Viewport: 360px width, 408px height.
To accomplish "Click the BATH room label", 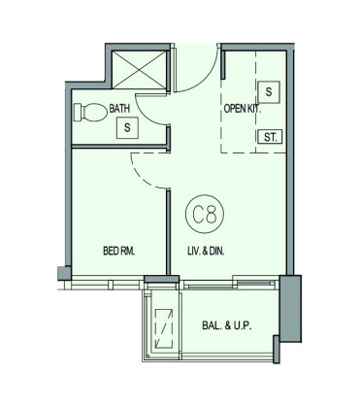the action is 119,108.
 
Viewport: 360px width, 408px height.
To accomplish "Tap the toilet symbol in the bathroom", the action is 90,113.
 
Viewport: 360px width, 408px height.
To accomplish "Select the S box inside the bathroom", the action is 127,128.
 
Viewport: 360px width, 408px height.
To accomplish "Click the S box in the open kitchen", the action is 269,92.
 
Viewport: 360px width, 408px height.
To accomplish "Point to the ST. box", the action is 270,137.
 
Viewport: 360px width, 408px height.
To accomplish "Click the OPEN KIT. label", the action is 243,109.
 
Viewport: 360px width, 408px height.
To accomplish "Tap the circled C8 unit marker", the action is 205,214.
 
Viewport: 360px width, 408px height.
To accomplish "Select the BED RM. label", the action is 118,251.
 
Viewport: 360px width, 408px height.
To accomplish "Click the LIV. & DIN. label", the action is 206,251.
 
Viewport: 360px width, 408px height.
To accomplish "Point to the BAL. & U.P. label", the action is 227,325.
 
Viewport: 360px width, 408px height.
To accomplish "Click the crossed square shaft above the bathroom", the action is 139,69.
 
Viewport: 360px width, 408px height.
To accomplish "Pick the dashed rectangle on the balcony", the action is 164,328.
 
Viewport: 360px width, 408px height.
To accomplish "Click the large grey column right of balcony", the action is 290,308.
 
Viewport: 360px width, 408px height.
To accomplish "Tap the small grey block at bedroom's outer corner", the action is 64,273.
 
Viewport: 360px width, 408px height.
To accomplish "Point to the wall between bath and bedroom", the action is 120,147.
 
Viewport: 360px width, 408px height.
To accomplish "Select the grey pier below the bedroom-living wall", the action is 161,279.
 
